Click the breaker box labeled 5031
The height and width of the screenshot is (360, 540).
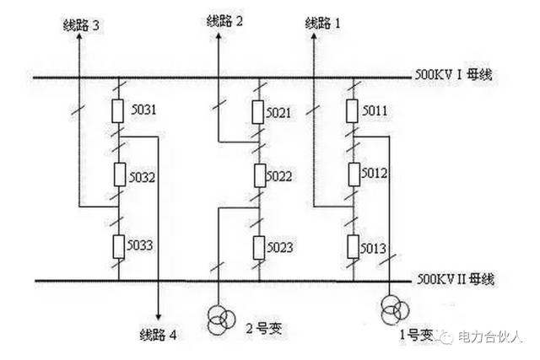tap(119, 111)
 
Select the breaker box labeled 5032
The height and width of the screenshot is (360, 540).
tap(119, 178)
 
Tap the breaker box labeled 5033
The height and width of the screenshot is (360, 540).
tap(119, 245)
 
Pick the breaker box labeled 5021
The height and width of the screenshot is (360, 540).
tap(259, 112)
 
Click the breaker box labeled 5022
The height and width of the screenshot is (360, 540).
tap(259, 176)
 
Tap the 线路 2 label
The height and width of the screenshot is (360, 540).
tap(224, 20)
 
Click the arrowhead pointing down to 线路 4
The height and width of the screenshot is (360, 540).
tap(158, 313)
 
